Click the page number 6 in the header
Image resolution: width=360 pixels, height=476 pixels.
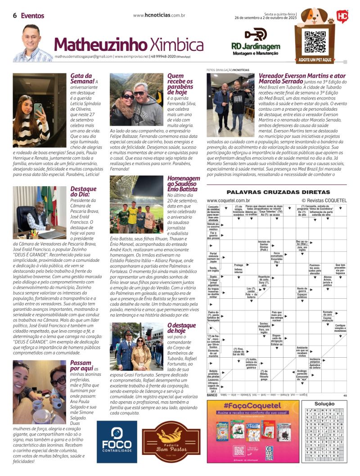click(x=15, y=15)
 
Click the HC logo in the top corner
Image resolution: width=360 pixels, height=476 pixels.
click(x=342, y=16)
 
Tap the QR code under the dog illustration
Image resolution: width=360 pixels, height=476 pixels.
click(x=315, y=42)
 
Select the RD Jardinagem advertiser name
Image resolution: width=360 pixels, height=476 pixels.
click(x=255, y=46)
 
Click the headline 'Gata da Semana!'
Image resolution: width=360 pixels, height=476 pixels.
click(x=82, y=79)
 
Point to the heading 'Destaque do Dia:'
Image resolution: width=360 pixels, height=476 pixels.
click(x=83, y=192)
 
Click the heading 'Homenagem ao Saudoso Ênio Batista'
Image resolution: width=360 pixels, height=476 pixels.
click(x=183, y=184)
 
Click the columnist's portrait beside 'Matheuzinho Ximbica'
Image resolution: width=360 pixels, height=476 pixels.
click(x=32, y=44)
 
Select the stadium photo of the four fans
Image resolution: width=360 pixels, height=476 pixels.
click(x=137, y=205)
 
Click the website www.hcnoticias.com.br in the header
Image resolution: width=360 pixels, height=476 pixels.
click(x=159, y=15)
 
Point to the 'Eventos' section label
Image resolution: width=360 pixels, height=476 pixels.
click(x=33, y=16)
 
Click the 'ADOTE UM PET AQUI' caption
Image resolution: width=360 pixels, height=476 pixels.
click(x=315, y=59)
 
